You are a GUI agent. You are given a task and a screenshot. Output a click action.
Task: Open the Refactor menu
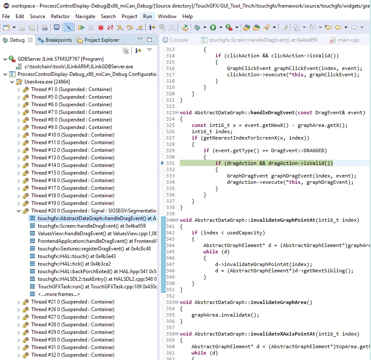pyautogui.click(x=60, y=16)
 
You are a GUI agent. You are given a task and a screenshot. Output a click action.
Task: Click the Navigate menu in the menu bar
pyautogui.click(x=85, y=16)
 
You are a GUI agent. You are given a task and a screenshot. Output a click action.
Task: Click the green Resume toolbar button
pyautogui.click(x=81, y=28)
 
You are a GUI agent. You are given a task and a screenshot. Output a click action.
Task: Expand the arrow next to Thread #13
pyautogui.click(x=19, y=158)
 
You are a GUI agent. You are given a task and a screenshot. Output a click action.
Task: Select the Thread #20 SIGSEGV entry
pyautogui.click(x=93, y=211)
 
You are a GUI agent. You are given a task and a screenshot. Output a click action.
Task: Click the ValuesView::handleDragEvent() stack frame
pyautogui.click(x=97, y=234)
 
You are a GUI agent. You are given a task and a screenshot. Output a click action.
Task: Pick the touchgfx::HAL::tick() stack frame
pyautogui.click(x=74, y=264)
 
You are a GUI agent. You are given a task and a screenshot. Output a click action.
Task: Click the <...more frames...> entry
pyautogui.click(x=59, y=294)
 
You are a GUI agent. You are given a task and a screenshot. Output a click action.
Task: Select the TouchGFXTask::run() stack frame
pyautogui.click(x=97, y=287)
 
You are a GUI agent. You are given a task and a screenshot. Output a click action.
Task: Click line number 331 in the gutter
pyautogui.click(x=170, y=163)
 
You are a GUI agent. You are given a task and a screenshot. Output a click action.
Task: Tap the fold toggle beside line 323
pyautogui.click(x=177, y=113)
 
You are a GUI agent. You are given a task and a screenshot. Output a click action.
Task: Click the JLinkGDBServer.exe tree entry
pyautogui.click(x=79, y=67)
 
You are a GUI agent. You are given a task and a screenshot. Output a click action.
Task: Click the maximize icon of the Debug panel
pyautogui.click(x=149, y=40)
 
